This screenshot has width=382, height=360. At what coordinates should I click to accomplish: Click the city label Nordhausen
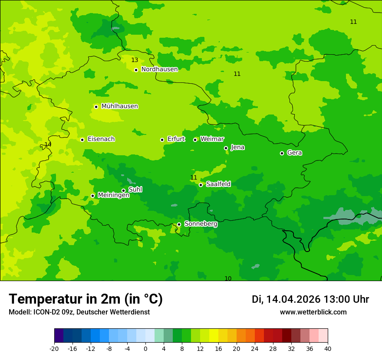[x=159, y=69]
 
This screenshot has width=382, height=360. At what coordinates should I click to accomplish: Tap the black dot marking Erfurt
[x=162, y=140]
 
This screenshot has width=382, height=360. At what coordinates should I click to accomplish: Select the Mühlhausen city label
[x=119, y=106]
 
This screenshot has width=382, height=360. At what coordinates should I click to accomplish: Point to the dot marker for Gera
[x=282, y=153]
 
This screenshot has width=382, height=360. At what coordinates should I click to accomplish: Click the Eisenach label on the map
[x=101, y=139]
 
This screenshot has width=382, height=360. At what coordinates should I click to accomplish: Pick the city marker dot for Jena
[x=226, y=148]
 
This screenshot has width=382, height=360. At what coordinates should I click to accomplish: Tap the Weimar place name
[x=212, y=139]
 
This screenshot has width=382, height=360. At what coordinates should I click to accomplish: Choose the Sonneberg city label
[x=201, y=224]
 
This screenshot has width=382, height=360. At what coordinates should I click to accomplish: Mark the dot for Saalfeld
[x=201, y=185]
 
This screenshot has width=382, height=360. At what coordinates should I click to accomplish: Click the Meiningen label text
[x=113, y=196]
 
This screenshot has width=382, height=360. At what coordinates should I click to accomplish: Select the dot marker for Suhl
[x=123, y=190]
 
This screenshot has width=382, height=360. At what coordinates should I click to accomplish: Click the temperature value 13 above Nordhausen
[x=135, y=60]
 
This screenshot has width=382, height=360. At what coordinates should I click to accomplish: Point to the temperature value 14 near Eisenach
[x=48, y=144]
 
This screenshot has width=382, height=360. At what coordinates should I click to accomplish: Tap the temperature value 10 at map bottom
[x=228, y=278]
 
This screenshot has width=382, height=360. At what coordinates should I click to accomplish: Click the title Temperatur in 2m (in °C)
[x=86, y=299]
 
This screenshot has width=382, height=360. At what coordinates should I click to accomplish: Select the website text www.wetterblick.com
[x=313, y=312]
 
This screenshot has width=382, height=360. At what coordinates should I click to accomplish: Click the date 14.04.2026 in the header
[x=293, y=300]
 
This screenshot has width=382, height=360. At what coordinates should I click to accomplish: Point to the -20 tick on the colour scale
[x=54, y=348]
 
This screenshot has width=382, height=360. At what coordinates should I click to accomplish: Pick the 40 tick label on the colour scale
[x=327, y=348]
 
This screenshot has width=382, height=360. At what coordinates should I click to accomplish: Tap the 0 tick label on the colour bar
[x=145, y=348]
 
